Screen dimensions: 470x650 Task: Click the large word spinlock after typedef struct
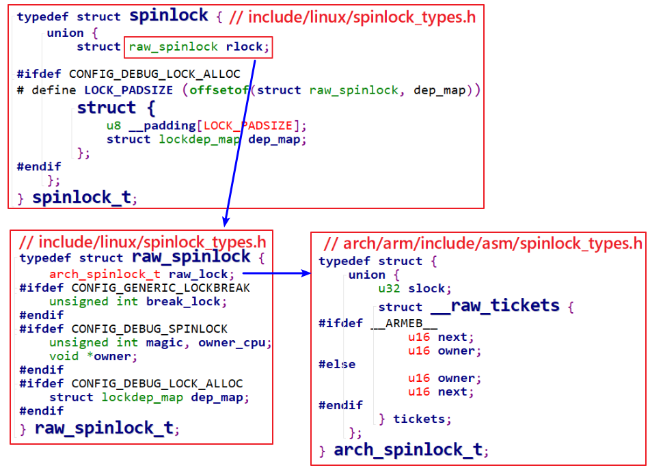click(168, 16)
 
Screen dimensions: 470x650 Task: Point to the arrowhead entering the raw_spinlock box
click(226, 222)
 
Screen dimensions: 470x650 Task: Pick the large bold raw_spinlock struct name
click(191, 257)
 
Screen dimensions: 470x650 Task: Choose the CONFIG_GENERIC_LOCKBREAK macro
click(161, 288)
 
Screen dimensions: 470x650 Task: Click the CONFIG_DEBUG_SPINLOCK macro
click(149, 329)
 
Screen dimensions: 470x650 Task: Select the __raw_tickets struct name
click(496, 306)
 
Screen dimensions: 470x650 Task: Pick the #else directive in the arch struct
click(337, 364)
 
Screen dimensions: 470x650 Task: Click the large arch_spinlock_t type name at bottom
click(408, 450)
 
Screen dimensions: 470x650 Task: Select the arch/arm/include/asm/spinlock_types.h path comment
click(483, 244)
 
